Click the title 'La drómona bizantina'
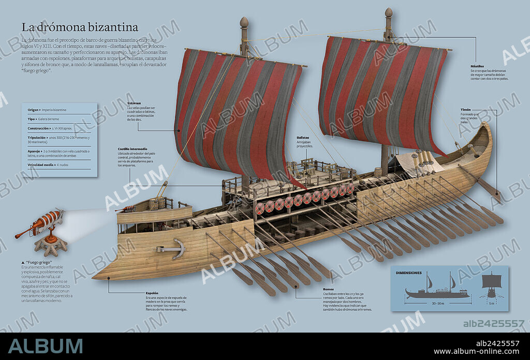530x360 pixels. coord(80,27)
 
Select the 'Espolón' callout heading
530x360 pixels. coord(152,293)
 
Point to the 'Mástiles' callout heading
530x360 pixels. coord(477,67)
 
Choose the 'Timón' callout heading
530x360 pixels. coord(466,110)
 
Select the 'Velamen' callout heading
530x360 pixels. coord(134,103)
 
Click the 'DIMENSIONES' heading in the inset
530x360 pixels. coord(408,273)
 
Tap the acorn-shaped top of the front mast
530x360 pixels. coord(244,23)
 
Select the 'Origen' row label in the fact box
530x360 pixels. coord(34,110)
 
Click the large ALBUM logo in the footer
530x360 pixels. coord(45,346)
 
